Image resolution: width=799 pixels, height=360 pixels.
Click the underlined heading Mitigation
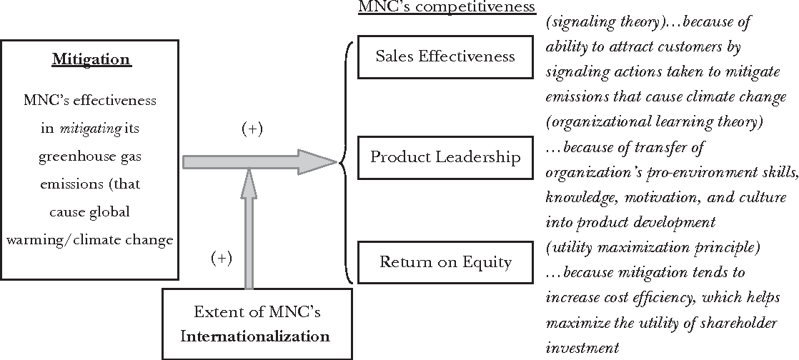pos(91,59)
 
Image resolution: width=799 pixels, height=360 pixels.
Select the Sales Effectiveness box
pos(445,56)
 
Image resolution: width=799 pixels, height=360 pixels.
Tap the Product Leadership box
pos(445,157)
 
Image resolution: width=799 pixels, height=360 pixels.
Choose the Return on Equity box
pos(445,262)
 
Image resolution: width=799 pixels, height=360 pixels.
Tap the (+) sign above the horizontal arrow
pos(252,129)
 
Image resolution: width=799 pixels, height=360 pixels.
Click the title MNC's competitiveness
pos(447,6)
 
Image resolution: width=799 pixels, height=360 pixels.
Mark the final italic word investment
pos(582,349)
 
